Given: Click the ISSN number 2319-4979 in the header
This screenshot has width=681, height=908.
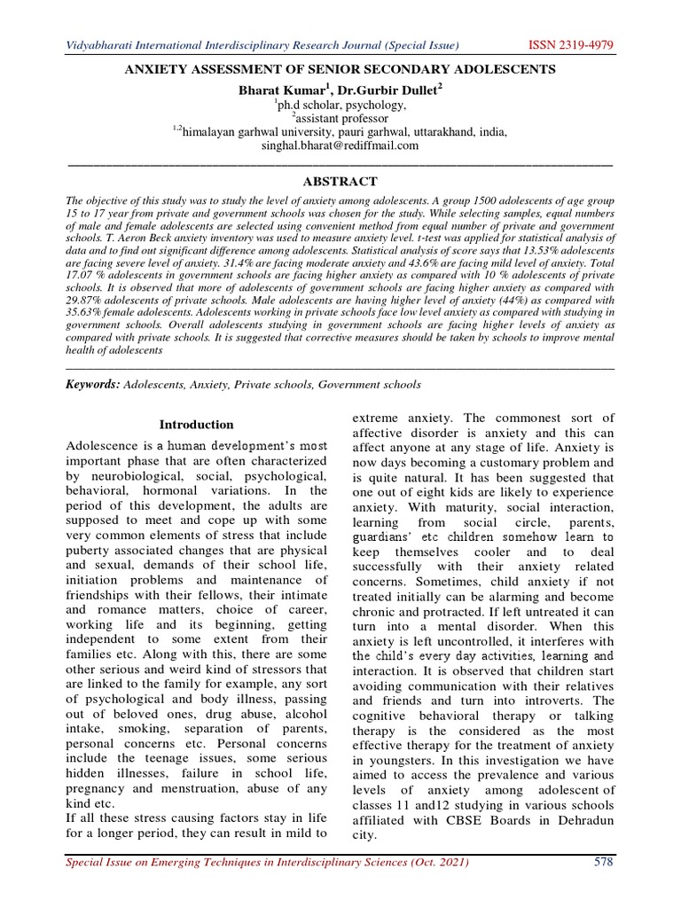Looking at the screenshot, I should point(583,44).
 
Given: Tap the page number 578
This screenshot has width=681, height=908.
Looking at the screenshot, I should point(603,863).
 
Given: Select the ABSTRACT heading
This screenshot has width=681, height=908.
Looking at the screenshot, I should point(340,180).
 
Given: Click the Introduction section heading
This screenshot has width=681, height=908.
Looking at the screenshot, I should point(197,425).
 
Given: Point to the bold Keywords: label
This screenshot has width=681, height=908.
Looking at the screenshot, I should point(94,384).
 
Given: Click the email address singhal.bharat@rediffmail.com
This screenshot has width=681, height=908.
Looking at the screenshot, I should point(340,146).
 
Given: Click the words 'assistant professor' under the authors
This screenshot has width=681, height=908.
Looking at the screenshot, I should point(342,118).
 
